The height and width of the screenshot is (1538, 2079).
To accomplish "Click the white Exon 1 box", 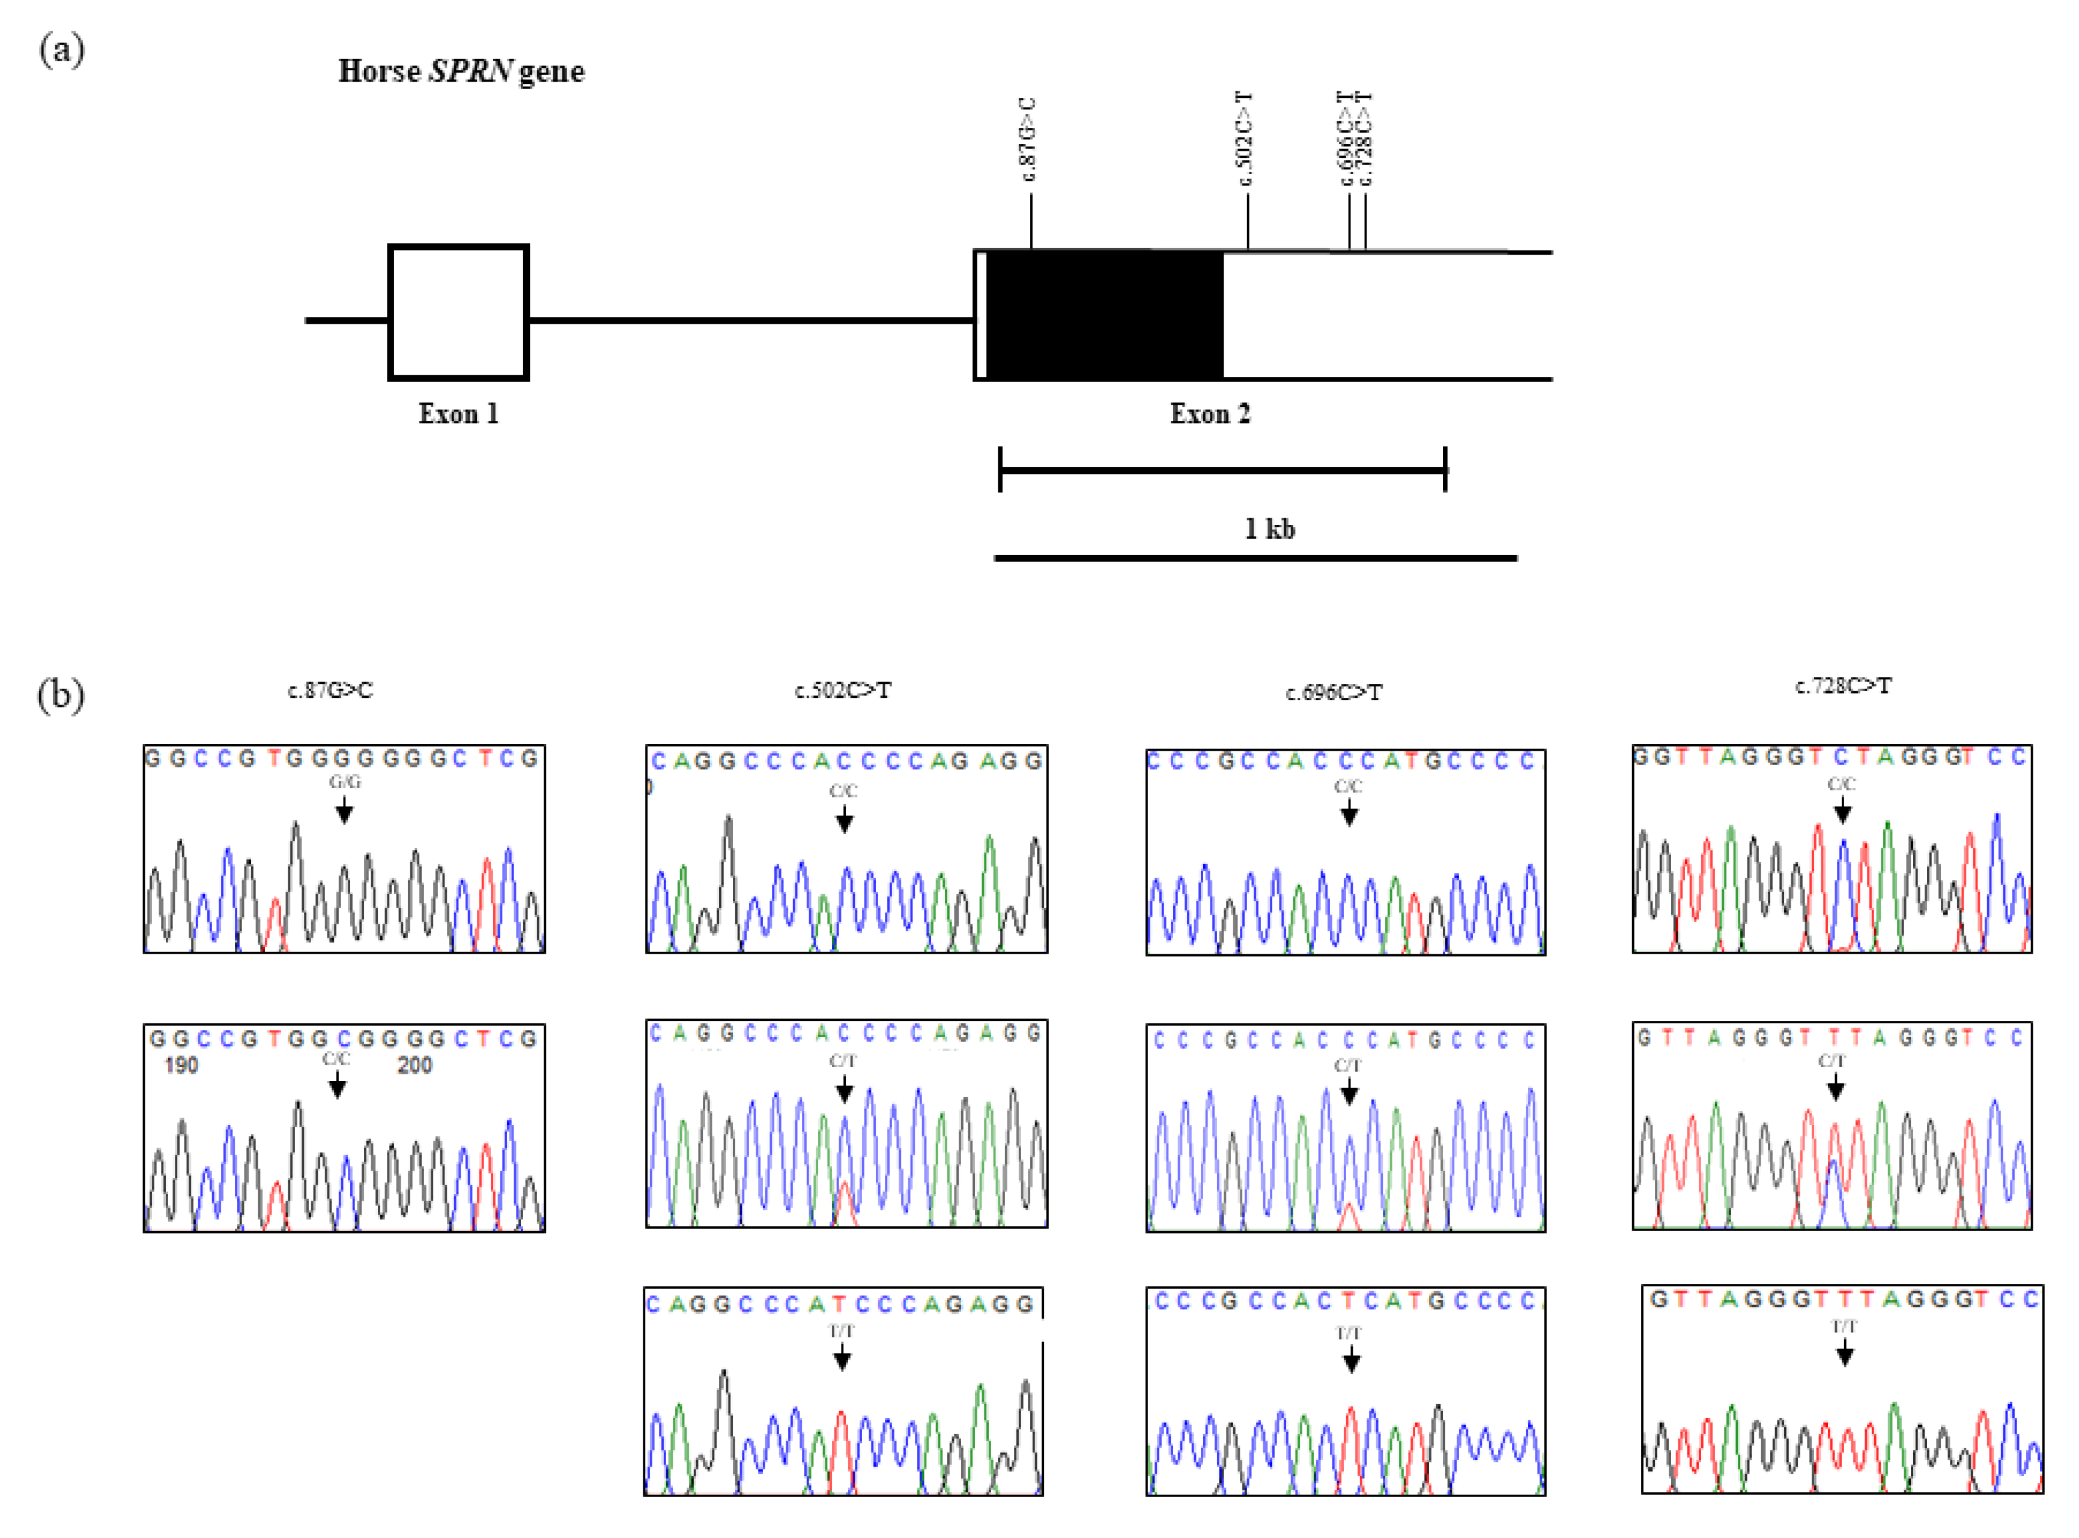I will tap(458, 313).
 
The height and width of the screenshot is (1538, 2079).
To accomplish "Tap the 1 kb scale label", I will tap(1269, 529).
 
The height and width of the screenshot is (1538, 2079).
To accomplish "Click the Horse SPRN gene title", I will tap(461, 71).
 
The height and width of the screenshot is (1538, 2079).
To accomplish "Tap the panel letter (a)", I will tap(61, 49).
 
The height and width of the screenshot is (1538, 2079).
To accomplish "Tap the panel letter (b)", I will tap(61, 694).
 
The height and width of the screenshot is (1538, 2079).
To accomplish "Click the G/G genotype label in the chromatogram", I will tap(344, 782).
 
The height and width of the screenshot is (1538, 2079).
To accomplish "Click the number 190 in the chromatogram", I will tap(181, 1065).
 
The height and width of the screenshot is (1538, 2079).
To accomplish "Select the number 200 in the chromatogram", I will tap(414, 1065).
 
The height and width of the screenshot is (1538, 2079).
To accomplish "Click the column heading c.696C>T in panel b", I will tap(1334, 692).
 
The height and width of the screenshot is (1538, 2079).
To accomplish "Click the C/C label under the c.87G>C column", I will tap(336, 1059).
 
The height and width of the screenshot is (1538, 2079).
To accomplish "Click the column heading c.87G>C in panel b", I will tap(330, 690).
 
